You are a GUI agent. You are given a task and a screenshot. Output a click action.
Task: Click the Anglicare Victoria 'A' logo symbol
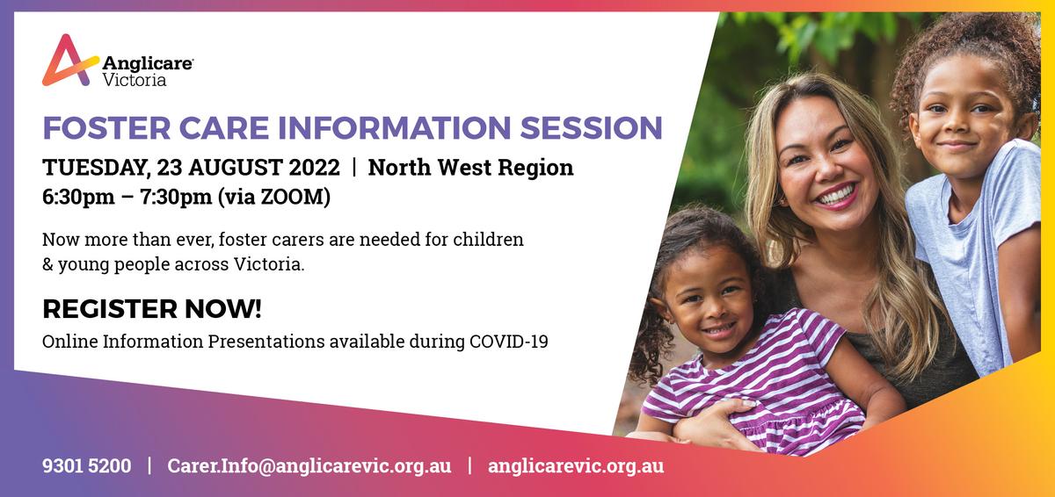click(x=69, y=61)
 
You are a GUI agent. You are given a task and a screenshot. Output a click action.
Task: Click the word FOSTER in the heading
click(x=106, y=128)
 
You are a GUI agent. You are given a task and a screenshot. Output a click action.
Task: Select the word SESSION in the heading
click(x=591, y=128)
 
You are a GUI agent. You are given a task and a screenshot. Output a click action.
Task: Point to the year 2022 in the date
click(x=314, y=168)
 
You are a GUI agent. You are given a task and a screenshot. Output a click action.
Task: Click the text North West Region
click(x=470, y=168)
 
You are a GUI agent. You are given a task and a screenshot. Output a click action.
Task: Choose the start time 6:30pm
click(x=78, y=197)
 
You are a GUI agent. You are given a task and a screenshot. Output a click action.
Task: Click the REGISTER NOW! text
click(x=151, y=309)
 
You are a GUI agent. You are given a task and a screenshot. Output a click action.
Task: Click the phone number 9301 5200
click(x=87, y=466)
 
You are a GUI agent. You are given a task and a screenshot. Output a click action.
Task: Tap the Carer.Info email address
click(x=309, y=466)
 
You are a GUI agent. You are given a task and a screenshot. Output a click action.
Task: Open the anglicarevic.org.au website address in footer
click(x=576, y=466)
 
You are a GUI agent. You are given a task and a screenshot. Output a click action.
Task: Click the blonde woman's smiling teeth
click(x=836, y=195)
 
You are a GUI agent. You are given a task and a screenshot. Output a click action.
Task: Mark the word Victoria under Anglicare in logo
click(x=135, y=80)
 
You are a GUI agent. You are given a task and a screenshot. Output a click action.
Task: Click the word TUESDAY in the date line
click(x=97, y=168)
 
